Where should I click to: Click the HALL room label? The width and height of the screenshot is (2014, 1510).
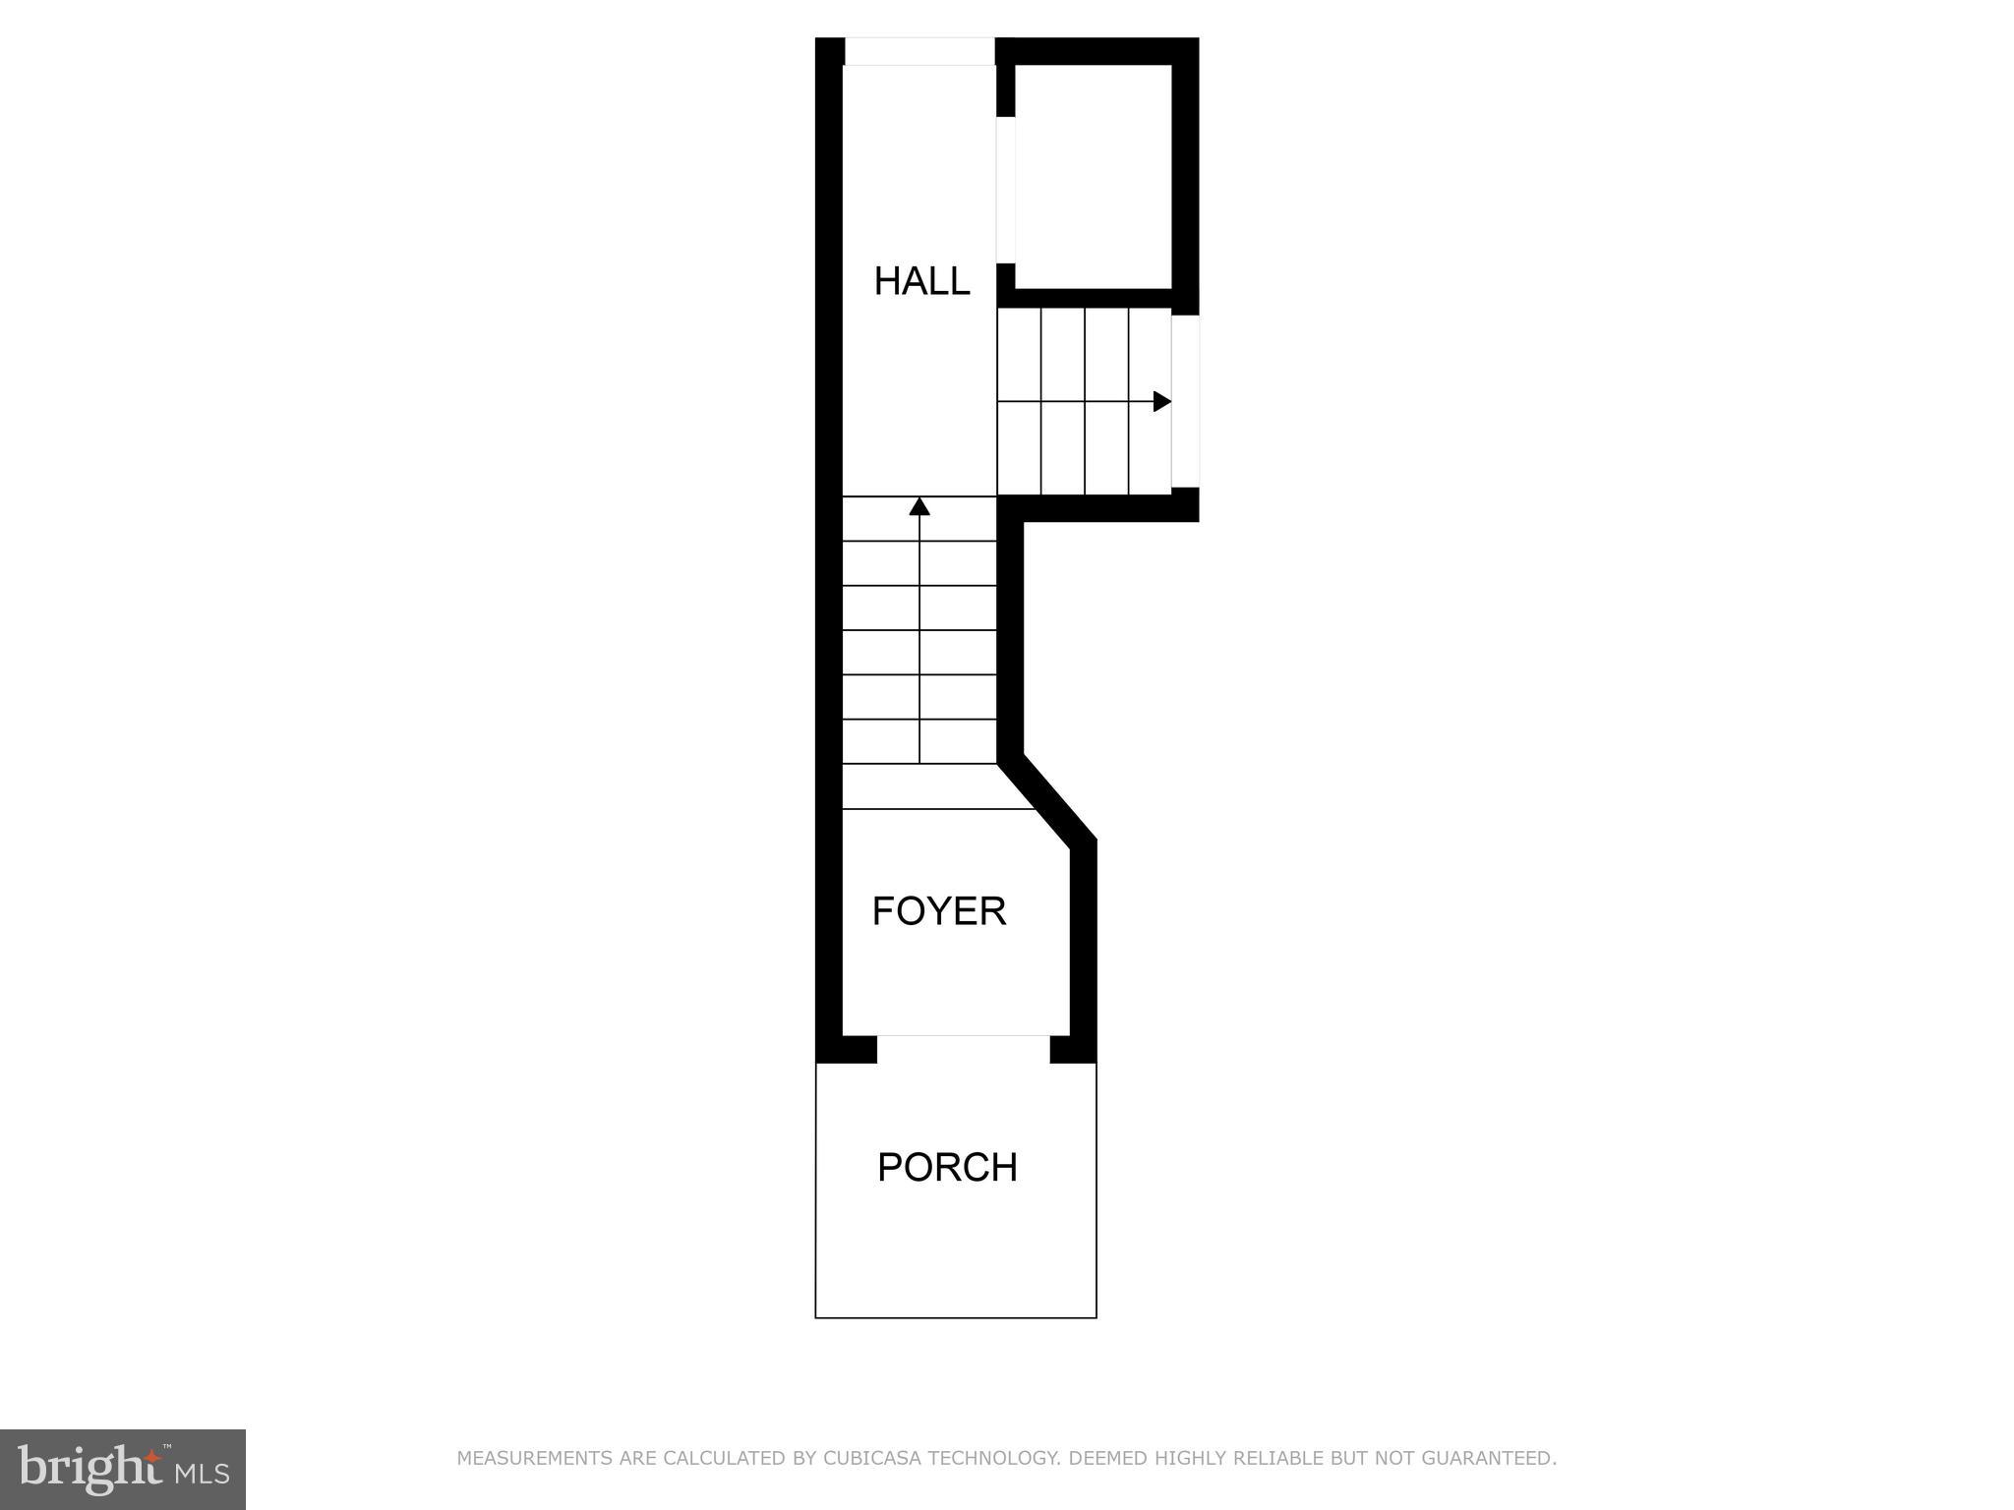921,281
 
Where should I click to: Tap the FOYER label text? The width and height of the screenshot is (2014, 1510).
939,911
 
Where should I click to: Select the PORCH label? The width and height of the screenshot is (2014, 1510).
947,1168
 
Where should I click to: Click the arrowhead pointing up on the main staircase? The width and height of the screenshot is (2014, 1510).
919,506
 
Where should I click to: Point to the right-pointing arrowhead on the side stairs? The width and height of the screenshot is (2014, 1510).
1161,401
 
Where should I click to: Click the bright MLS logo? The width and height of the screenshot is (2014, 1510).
123,1469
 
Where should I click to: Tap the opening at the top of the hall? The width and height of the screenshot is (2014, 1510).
919,51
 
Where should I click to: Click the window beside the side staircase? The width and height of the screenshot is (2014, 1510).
1186,401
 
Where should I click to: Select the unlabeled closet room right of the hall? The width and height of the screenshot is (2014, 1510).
1093,177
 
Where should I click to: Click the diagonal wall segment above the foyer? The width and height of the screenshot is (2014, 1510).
1047,797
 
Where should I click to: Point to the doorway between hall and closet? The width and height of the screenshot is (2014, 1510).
1006,190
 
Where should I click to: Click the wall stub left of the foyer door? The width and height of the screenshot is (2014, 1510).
847,1049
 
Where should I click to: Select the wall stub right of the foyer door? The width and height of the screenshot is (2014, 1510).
1073,1049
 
